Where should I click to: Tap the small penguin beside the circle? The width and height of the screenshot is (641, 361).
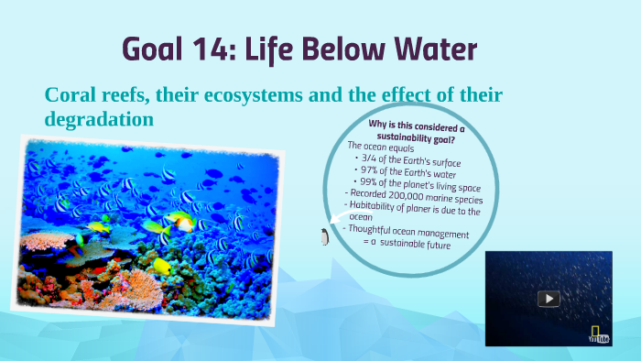click(x=324, y=237)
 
